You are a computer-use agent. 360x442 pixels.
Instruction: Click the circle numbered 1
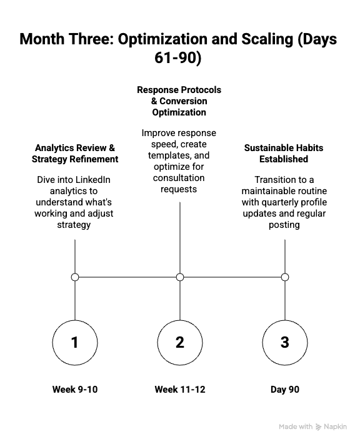pos(75,343)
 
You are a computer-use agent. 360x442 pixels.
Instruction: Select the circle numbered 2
pos(180,343)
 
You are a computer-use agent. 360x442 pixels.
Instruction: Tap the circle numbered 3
pos(285,343)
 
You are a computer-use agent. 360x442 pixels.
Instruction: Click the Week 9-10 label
pos(75,390)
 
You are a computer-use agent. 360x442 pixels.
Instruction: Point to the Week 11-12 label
pos(180,390)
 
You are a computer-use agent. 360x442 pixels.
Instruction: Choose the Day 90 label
pos(285,390)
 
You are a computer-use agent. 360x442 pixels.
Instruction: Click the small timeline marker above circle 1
pos(75,277)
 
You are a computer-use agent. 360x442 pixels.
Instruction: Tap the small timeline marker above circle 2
pos(180,277)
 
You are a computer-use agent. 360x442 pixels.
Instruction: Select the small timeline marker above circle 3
pos(285,277)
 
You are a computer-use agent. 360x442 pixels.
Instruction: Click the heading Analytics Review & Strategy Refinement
pos(75,154)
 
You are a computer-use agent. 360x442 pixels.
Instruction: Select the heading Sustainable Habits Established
pos(284,154)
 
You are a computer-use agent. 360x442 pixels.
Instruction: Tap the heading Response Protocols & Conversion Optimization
pos(179,101)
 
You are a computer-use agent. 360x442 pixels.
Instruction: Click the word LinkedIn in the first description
pos(89,180)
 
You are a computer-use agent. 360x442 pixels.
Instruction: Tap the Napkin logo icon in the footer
pos(319,427)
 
